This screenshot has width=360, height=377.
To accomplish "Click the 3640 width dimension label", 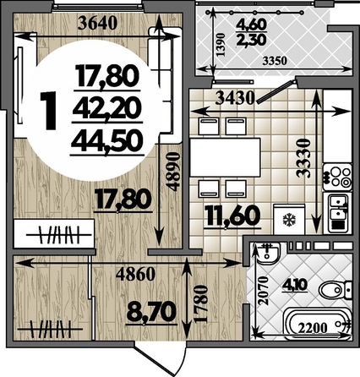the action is pos(97,24).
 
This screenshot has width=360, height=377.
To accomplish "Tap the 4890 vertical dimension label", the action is pos(172,172).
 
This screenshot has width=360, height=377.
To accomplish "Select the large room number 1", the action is pos(48,111).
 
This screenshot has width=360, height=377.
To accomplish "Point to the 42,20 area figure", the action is pos(106,108).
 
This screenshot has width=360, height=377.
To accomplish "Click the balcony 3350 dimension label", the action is pos(275,61).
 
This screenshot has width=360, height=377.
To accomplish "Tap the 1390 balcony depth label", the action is pos(221,45).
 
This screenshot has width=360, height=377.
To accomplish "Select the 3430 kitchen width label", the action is pos(235,98).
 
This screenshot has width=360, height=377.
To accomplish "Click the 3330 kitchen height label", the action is pos(304,157).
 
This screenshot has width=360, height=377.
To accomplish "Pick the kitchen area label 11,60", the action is pos(232,216).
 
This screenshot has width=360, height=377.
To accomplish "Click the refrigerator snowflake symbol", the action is pos(288,221).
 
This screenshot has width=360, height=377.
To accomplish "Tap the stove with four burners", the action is pos(337,177).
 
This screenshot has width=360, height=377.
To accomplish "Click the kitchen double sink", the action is pos(338,212).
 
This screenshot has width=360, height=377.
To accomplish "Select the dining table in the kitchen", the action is pos(225,157).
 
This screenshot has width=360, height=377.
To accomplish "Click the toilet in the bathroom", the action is pos(335,289).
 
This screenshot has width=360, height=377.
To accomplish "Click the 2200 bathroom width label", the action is pos(313,328).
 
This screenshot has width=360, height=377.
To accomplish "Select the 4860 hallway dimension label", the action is pos(136,274).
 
